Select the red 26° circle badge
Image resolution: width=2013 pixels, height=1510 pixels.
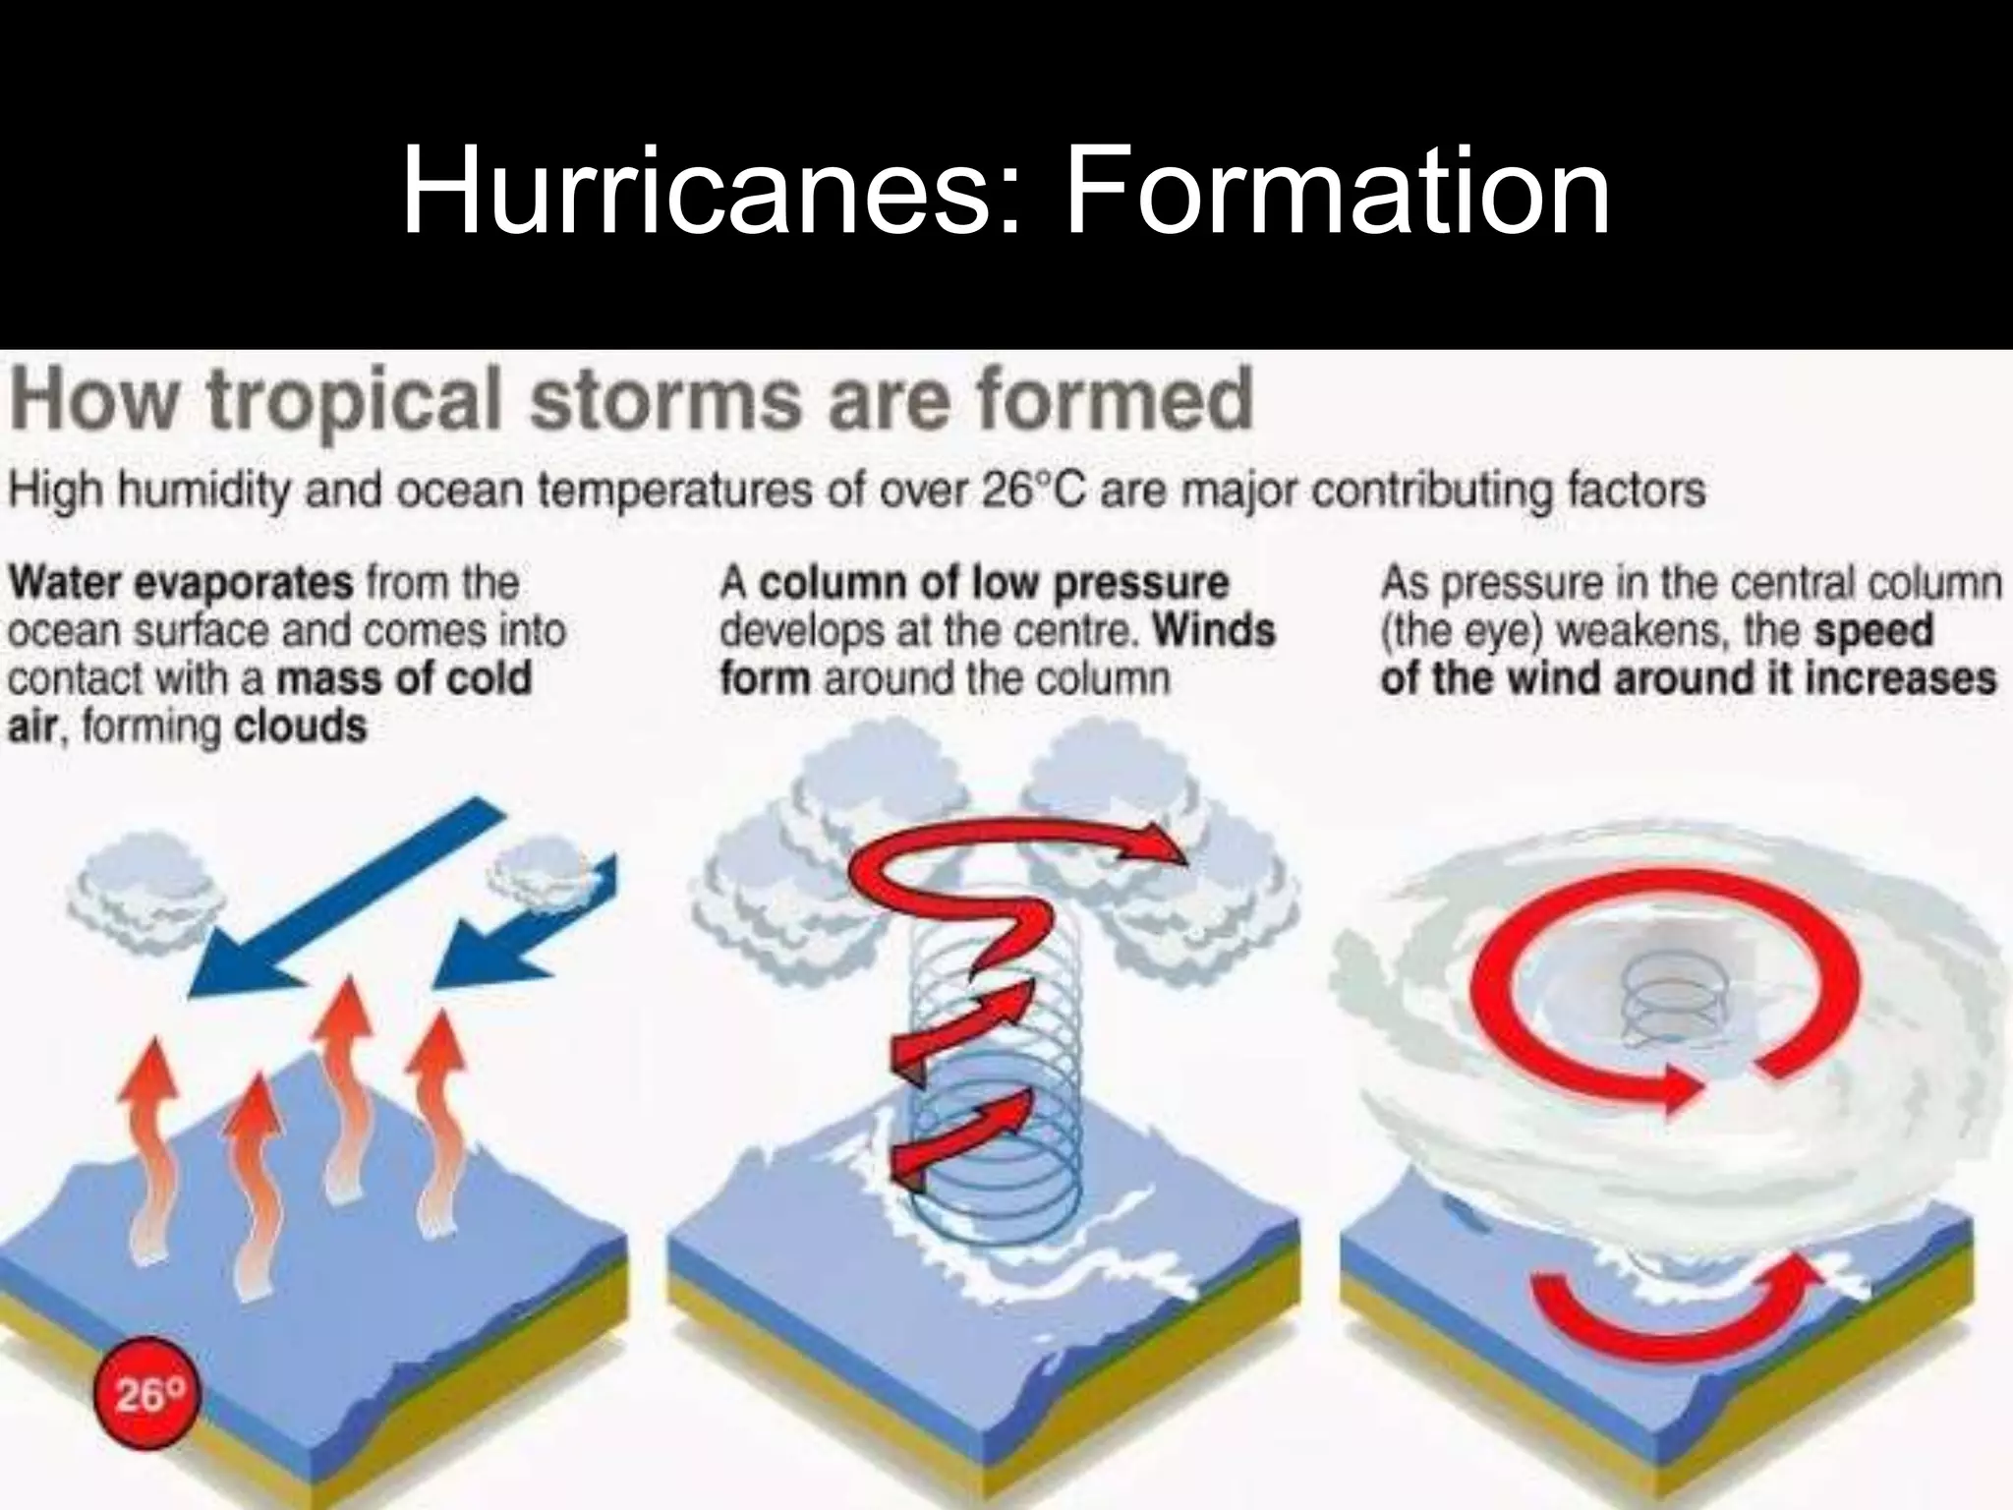(145, 1393)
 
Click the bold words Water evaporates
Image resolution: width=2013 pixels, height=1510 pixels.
(181, 583)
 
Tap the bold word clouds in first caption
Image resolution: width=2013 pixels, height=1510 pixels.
(300, 727)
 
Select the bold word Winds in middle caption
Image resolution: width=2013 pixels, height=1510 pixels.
(1214, 630)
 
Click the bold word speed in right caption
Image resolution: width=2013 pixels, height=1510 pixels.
(1873, 630)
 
